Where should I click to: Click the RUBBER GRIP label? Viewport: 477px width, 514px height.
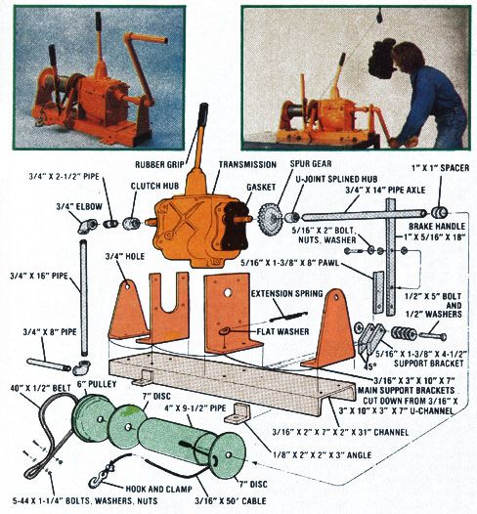pyautogui.click(x=159, y=164)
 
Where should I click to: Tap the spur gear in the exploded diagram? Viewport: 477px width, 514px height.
pyautogui.click(x=269, y=217)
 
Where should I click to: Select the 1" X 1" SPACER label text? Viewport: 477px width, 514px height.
pyautogui.click(x=440, y=168)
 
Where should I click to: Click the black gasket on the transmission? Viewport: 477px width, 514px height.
pyautogui.click(x=235, y=225)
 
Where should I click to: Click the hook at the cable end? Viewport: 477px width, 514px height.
pyautogui.click(x=96, y=482)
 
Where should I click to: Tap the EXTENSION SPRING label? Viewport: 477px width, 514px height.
pyautogui.click(x=286, y=293)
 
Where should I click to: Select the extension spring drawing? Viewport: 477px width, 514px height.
pyautogui.click(x=288, y=316)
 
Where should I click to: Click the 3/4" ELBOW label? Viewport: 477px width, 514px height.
pyautogui.click(x=79, y=206)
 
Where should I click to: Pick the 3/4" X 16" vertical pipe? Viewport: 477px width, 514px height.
pyautogui.click(x=84, y=299)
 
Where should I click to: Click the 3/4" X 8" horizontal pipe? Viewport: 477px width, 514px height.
pyautogui.click(x=49, y=364)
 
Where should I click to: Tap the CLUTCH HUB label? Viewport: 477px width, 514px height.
pyautogui.click(x=154, y=186)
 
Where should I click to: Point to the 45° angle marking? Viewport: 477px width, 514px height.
pyautogui.click(x=369, y=366)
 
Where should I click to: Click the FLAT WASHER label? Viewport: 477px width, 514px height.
pyautogui.click(x=282, y=331)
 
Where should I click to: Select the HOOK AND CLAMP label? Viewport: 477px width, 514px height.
pyautogui.click(x=158, y=489)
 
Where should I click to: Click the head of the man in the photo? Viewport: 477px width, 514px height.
pyautogui.click(x=408, y=57)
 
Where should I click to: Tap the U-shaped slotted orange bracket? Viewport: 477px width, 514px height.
pyautogui.click(x=168, y=307)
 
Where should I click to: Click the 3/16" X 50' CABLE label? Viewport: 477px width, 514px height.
pyautogui.click(x=231, y=501)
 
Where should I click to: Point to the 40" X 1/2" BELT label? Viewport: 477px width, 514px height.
pyautogui.click(x=40, y=388)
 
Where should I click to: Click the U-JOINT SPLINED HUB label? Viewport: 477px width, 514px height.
pyautogui.click(x=336, y=179)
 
